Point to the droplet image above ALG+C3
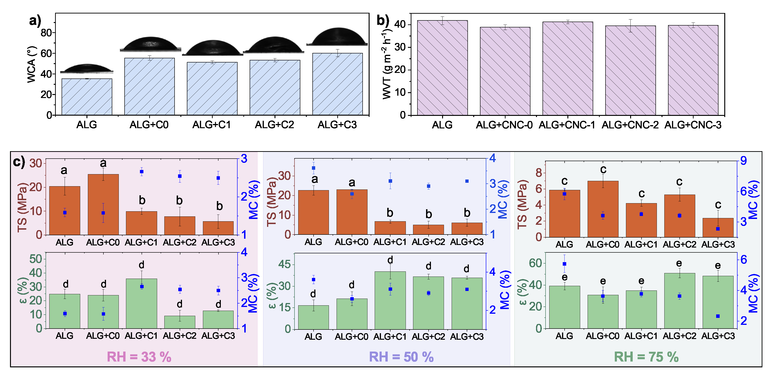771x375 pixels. tap(337, 36)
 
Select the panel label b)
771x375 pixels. tap(383, 20)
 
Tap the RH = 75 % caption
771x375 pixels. tap(646, 357)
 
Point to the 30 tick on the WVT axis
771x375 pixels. tap(400, 47)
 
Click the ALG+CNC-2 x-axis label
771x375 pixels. tap(630, 125)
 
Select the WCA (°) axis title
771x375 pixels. tap(31, 64)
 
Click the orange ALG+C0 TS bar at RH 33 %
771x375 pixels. tap(103, 205)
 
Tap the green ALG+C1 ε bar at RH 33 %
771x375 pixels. tap(141, 303)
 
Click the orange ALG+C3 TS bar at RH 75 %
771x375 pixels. tap(718, 228)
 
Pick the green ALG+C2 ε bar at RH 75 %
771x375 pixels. tap(679, 300)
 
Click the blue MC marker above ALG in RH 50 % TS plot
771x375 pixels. tap(313, 168)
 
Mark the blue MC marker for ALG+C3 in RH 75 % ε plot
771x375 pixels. tap(718, 316)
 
